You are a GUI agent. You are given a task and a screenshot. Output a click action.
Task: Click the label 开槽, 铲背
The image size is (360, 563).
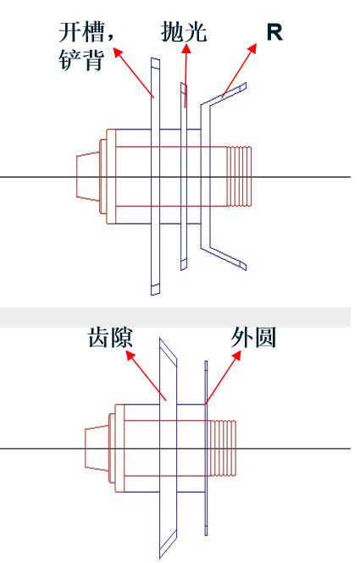click(x=86, y=47)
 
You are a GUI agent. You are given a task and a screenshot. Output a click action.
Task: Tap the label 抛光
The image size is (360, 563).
click(x=184, y=32)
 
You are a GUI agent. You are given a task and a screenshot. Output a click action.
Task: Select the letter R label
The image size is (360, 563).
click(x=274, y=32)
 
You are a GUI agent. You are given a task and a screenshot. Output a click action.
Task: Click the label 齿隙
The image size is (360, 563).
click(x=110, y=338)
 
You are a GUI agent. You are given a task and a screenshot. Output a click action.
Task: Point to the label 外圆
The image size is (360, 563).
click(x=253, y=338)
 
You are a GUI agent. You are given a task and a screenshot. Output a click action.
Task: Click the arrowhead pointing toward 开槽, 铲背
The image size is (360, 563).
click(x=119, y=52)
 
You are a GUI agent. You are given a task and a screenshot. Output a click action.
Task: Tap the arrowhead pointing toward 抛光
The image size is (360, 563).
click(x=186, y=47)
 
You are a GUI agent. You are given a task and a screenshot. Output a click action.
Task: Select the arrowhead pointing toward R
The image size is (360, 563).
click(x=252, y=48)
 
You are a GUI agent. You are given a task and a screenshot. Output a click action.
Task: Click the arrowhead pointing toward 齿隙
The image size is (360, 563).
click(x=130, y=356)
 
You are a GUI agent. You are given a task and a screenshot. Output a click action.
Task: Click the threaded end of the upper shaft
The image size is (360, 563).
click(x=239, y=176)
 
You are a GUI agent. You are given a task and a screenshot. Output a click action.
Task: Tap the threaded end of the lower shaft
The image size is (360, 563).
click(x=223, y=448)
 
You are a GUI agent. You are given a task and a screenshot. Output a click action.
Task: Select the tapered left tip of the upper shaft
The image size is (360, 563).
click(x=88, y=176)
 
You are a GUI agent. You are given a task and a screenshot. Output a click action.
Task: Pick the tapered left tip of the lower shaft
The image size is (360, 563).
click(x=97, y=448)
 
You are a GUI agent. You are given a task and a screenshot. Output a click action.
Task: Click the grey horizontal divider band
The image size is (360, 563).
click(x=175, y=317)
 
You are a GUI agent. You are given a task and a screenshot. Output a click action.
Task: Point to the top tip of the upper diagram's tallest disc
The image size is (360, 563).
click(x=155, y=58)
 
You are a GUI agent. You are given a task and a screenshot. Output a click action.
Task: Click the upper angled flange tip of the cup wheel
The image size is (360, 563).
click(x=243, y=86)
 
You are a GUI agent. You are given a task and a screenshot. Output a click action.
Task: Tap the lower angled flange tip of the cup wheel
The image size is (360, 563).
click(x=243, y=266)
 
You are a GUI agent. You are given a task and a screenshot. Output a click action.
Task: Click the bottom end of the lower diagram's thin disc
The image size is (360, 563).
click(x=206, y=535)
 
